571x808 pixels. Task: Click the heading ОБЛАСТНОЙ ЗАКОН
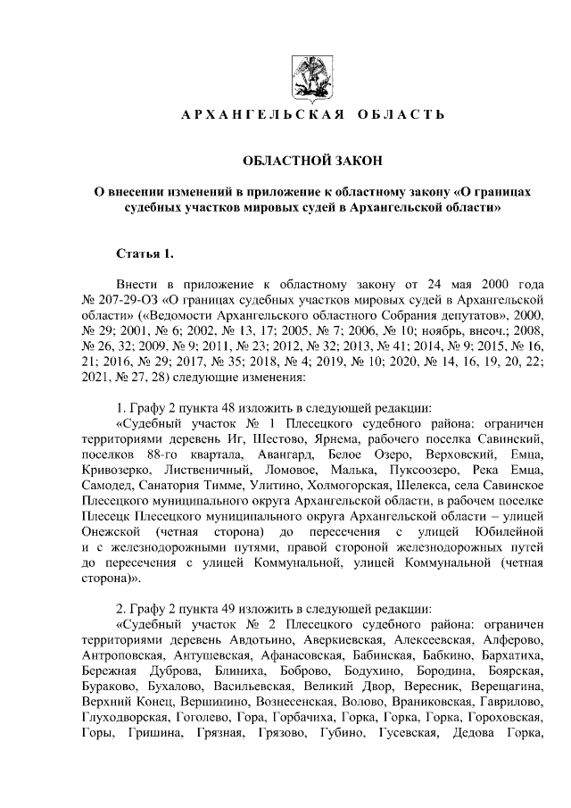click(x=312, y=160)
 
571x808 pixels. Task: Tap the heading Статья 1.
click(x=139, y=254)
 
